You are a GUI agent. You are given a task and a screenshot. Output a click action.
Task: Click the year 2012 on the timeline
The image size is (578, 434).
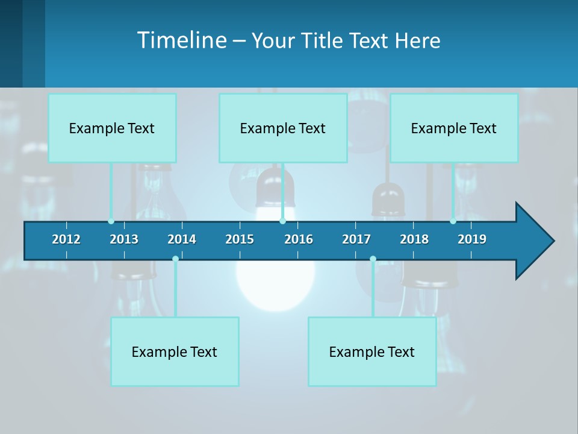coord(66,239)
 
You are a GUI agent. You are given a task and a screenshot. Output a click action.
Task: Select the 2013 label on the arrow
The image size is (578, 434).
coord(124,239)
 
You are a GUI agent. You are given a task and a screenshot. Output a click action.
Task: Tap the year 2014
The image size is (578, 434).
coord(182,239)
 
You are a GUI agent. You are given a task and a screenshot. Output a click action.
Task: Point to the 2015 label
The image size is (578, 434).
coord(240,239)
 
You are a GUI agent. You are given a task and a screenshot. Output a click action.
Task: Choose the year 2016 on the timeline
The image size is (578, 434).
coord(299,239)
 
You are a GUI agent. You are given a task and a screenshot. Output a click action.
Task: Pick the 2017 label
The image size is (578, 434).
coord(356,239)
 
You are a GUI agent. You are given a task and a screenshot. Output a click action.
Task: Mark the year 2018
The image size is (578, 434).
coord(414,239)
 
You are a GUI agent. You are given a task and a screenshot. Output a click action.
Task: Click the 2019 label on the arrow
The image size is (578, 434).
coord(472,239)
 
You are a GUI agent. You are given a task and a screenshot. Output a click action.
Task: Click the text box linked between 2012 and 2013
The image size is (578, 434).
coord(112,128)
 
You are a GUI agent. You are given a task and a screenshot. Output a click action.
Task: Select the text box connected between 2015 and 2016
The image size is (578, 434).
coord(283,128)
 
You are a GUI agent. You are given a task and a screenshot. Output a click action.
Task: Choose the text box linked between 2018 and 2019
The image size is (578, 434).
coord(454,128)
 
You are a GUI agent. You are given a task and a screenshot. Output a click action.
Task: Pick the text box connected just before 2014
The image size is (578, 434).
coord(175,351)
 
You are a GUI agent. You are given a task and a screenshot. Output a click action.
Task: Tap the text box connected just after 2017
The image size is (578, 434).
coord(372,351)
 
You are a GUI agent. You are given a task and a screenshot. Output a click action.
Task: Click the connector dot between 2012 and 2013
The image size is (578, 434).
coord(111,221)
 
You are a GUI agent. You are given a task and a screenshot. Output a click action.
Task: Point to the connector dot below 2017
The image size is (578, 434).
coord(373,259)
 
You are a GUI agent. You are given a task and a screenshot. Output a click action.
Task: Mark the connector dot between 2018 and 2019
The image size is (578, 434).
coord(453,221)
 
